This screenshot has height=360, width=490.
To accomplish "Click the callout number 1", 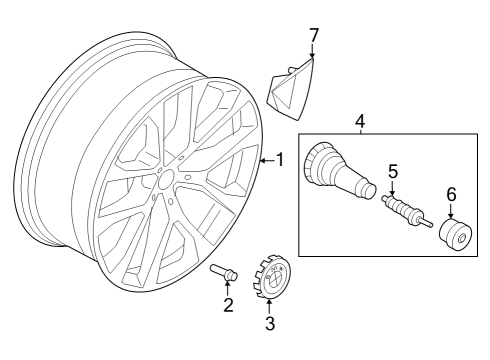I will pos(280,159).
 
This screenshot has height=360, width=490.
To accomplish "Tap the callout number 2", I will pos(228,305).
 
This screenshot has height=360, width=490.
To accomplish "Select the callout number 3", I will pos(269,323).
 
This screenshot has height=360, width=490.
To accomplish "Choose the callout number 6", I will pos(450,194).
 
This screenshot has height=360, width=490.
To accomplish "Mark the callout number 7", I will pos(313,36).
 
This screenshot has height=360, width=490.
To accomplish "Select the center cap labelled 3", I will pos(271,276).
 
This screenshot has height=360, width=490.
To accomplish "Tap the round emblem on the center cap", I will pos(272,282).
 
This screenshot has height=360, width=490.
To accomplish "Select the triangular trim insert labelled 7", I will pos(292,86).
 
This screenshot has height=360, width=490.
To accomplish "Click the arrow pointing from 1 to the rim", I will pos(266,159).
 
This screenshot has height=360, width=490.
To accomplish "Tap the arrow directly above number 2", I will pos(228,286).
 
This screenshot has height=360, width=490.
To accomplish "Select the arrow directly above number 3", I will pos(269,304).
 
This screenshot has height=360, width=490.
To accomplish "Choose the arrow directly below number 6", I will pos(450,212).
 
